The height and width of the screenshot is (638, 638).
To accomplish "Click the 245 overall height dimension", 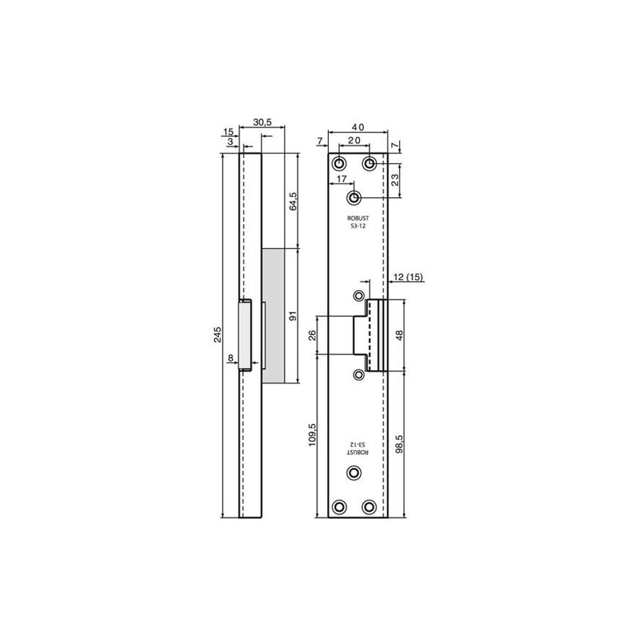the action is [x=218, y=334].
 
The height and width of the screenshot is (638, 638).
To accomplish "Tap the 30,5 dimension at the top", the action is [x=262, y=122].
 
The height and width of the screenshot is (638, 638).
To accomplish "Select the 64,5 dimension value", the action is [x=293, y=201].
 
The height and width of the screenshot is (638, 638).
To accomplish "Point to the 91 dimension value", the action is [x=293, y=315].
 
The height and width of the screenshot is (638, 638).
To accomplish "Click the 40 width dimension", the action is [x=358, y=128].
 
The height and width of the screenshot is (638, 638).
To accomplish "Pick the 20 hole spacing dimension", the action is [x=354, y=140].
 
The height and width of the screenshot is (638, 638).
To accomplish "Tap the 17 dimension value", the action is [x=342, y=179].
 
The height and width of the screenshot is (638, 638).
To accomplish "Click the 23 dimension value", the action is [x=395, y=180].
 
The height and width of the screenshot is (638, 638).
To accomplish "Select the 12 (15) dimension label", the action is [x=408, y=277].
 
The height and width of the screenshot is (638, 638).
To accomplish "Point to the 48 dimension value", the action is [x=399, y=335].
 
